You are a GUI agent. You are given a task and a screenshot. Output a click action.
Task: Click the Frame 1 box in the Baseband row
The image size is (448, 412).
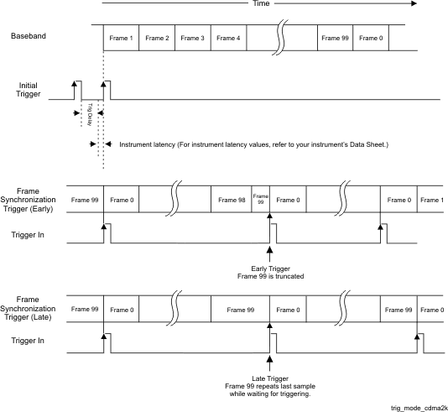point(121,38)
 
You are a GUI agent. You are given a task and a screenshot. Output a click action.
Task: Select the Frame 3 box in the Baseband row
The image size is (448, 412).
point(193,38)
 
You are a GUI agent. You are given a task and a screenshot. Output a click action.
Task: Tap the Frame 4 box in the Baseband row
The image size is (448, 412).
point(228,38)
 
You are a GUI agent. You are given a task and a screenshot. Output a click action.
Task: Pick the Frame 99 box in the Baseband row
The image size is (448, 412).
point(335,38)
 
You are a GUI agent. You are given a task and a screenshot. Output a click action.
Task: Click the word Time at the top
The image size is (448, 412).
point(261,3)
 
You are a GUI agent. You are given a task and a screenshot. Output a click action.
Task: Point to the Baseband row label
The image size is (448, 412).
point(29,36)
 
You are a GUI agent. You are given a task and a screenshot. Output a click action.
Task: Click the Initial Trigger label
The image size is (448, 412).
point(28,90)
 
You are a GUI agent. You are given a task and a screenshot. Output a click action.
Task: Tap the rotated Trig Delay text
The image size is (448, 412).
point(90,115)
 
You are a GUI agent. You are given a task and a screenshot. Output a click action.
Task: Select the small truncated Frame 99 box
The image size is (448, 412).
point(261,199)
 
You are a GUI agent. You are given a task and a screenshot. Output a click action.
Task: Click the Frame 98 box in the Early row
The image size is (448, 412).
point(232,199)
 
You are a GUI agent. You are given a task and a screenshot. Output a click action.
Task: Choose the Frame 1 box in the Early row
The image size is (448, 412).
point(430,199)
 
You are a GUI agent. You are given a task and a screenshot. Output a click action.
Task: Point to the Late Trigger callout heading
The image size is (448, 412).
point(270,378)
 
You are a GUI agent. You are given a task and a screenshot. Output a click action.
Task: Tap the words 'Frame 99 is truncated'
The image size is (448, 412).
point(271,276)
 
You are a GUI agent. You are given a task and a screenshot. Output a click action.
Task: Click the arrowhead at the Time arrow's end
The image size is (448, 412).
point(414,3)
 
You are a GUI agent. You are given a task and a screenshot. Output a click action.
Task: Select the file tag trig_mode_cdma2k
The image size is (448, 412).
point(419,409)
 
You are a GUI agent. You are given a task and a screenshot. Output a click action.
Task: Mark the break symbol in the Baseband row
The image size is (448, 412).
point(280,38)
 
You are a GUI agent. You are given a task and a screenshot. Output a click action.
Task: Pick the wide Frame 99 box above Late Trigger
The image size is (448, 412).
point(240,310)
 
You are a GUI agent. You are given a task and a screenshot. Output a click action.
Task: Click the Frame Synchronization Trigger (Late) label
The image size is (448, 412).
point(28,308)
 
